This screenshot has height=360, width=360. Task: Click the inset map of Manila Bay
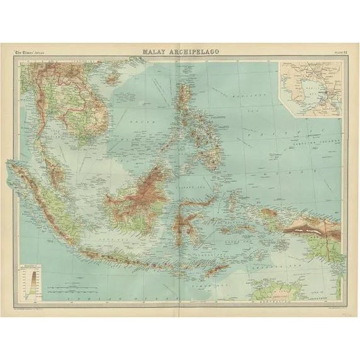[x=311, y=88]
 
